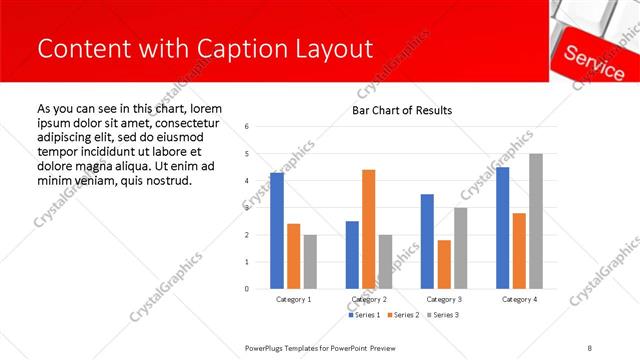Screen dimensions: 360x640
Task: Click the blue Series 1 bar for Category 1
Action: pyautogui.click(x=277, y=230)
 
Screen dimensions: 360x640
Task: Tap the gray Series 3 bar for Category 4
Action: pyautogui.click(x=536, y=221)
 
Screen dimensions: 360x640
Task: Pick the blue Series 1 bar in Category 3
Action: pyautogui.click(x=427, y=241)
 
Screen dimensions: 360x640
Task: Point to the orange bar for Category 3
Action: pyautogui.click(x=444, y=264)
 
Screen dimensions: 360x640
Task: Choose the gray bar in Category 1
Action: pyautogui.click(x=311, y=261)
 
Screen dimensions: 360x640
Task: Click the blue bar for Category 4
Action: pyautogui.click(x=502, y=227)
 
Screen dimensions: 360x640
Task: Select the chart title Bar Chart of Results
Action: pyautogui.click(x=401, y=110)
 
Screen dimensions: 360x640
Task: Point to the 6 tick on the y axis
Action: pyautogui.click(x=247, y=126)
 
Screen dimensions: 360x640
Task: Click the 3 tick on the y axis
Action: pyautogui.click(x=247, y=208)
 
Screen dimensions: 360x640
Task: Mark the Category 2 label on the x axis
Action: pyautogui.click(x=369, y=299)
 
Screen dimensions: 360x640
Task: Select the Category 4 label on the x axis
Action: pyautogui.click(x=519, y=299)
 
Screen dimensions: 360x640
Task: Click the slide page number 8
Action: pyautogui.click(x=590, y=347)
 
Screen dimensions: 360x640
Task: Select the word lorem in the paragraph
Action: pyautogui.click(x=204, y=108)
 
